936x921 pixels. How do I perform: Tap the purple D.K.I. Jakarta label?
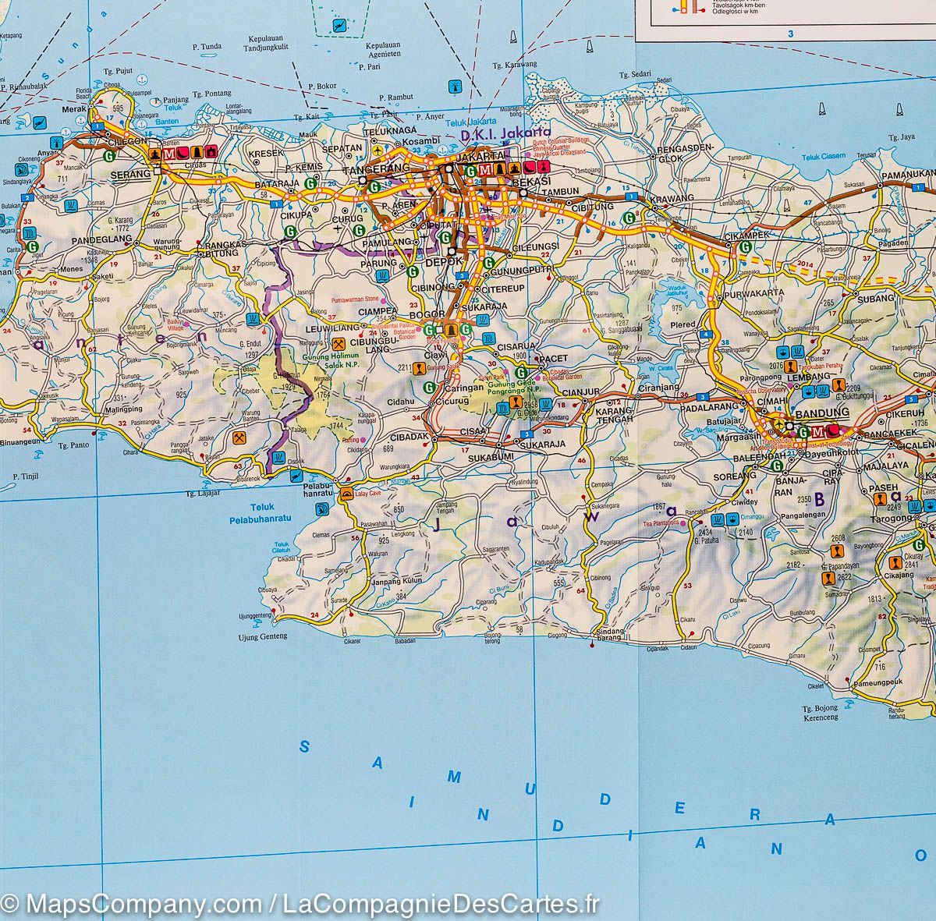[x=505, y=133]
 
